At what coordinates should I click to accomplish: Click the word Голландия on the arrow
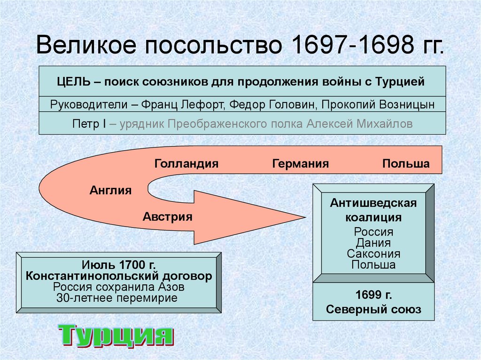tap(186, 164)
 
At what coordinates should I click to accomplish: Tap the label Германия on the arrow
tap(300, 164)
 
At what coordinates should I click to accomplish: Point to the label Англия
tap(110, 191)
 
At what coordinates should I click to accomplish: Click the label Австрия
tap(168, 217)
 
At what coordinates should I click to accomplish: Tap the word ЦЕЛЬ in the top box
tap(74, 82)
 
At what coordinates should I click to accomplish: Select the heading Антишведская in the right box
tap(373, 203)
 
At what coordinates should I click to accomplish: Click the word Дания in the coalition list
tap(373, 243)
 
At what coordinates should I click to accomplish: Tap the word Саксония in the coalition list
tap(373, 254)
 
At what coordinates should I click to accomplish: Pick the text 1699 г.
tap(373, 296)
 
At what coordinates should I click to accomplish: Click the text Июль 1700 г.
tap(119, 264)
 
